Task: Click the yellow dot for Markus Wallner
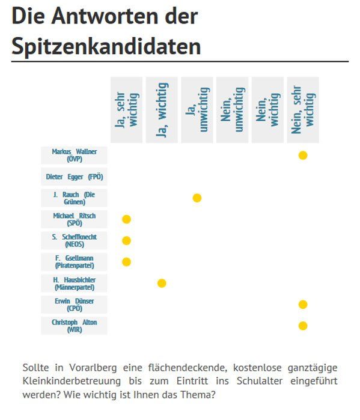[303, 156]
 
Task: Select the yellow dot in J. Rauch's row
[197, 198]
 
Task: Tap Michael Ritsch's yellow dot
[126, 219]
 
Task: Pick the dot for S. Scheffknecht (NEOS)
[126, 240]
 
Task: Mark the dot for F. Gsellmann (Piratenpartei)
[126, 262]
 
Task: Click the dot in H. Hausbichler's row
[162, 283]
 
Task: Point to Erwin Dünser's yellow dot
[303, 305]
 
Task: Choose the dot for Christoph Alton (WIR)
[303, 326]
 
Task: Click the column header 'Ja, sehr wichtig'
[126, 110]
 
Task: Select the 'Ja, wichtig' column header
[162, 110]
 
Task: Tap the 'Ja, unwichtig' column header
[197, 110]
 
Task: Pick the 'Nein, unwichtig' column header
[232, 110]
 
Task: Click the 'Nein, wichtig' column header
[267, 110]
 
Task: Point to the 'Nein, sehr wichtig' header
[303, 110]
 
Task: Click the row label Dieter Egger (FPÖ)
[74, 177]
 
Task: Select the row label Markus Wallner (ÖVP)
[74, 156]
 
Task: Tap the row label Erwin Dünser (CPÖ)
[74, 305]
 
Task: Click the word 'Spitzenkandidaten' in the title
[106, 46]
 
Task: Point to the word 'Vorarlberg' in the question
[93, 368]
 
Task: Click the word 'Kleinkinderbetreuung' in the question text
[72, 381]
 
